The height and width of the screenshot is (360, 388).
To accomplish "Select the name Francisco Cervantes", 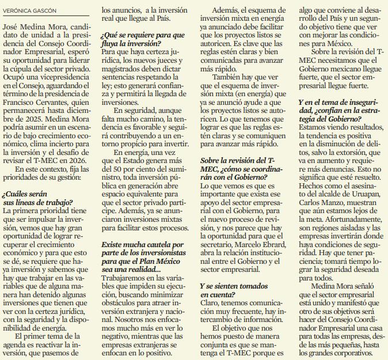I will (39, 104).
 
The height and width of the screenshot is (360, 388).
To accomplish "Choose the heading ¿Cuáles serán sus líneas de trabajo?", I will (38, 198).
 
